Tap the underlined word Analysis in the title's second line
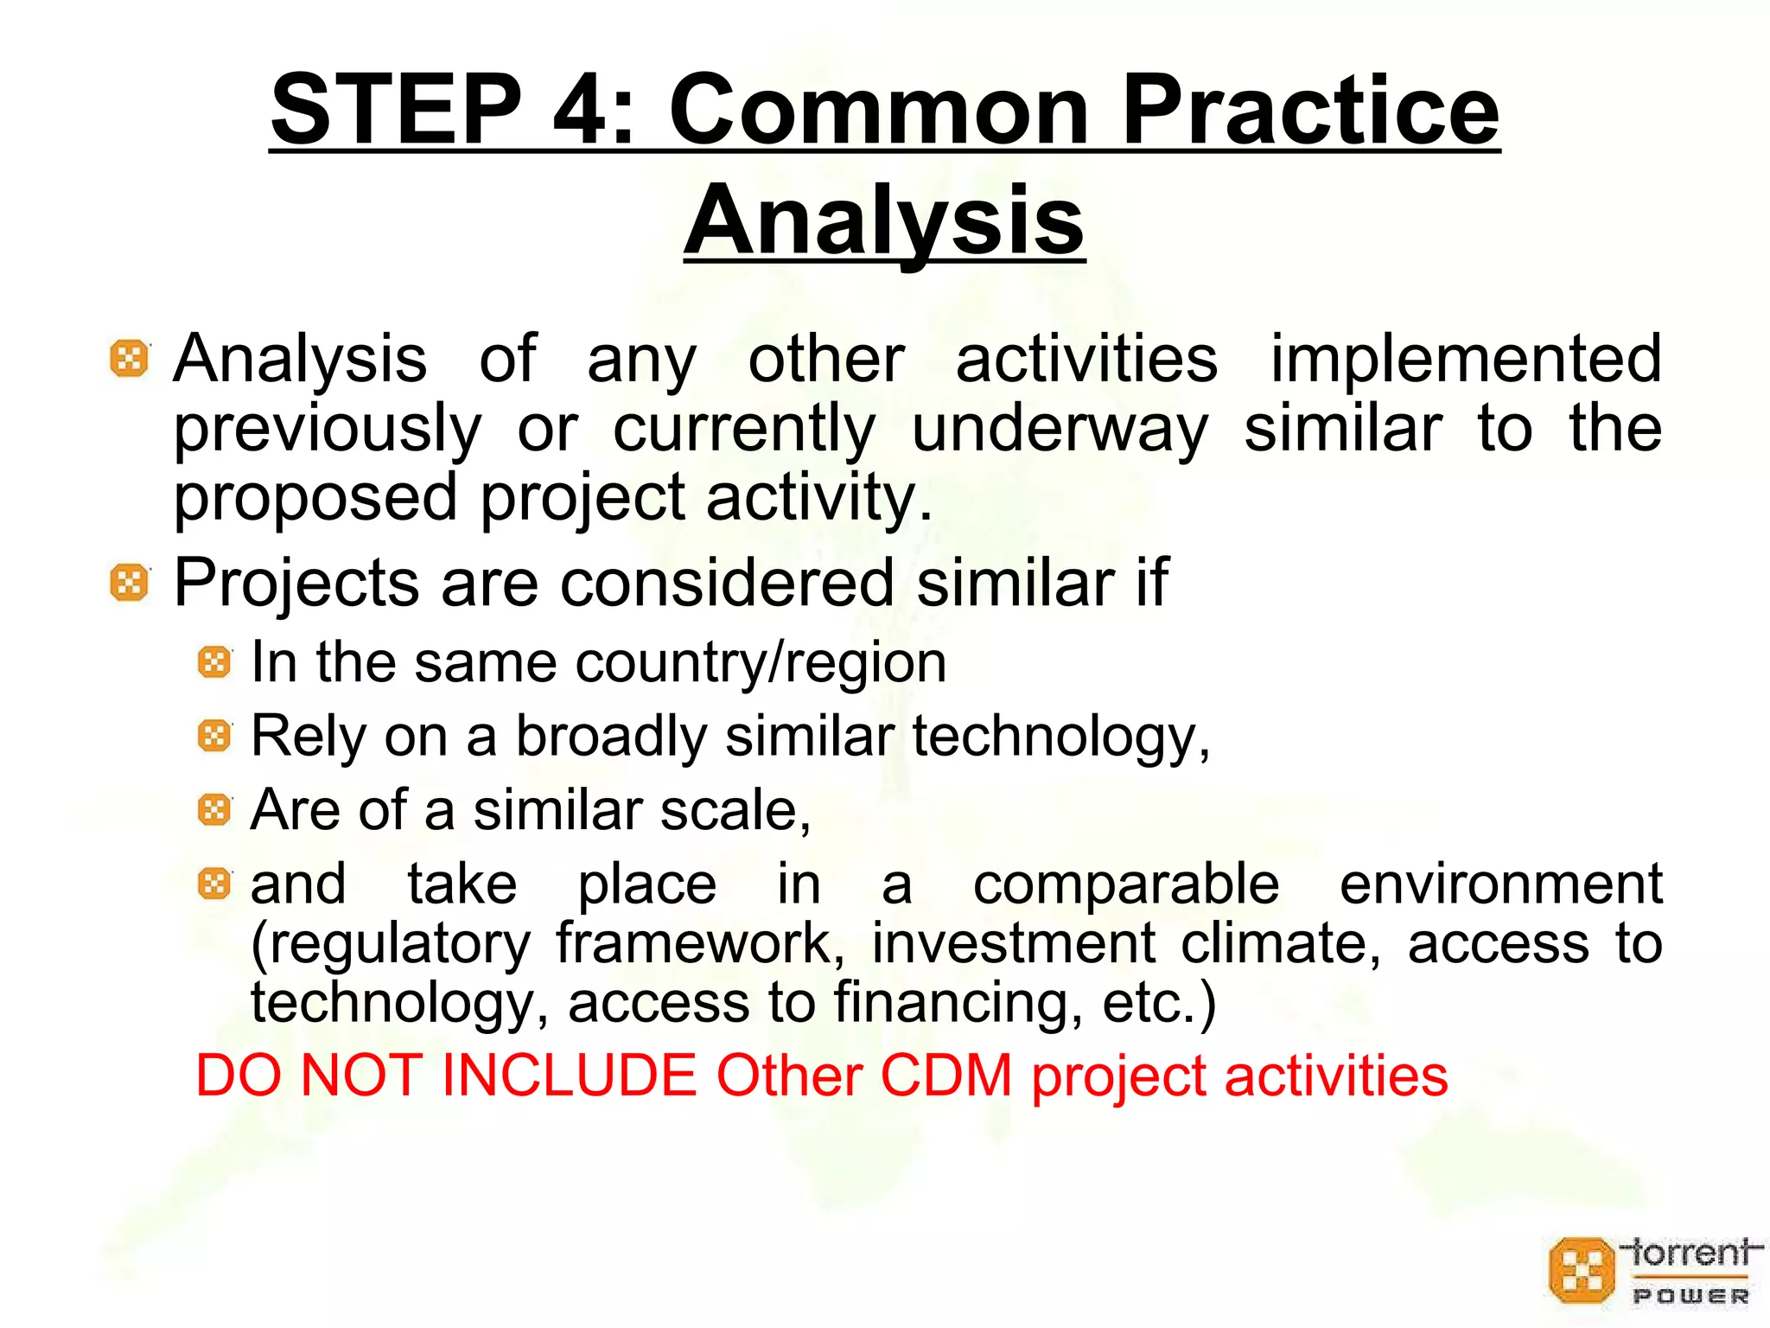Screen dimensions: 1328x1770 (884, 220)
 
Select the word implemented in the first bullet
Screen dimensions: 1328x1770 (1465, 359)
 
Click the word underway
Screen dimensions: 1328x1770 (1060, 428)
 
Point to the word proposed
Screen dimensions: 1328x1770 (315, 499)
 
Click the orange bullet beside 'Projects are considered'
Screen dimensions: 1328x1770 (130, 583)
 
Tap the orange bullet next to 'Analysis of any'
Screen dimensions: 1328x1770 (130, 358)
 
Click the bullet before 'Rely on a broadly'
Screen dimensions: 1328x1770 (214, 737)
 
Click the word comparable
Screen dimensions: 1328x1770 (1125, 884)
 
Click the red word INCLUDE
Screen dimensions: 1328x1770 (569, 1076)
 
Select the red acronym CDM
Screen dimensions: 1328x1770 (945, 1076)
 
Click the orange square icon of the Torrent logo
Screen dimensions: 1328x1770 (1581, 1270)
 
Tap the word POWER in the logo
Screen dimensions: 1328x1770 (1690, 1296)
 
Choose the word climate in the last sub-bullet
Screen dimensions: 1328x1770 (1281, 943)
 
